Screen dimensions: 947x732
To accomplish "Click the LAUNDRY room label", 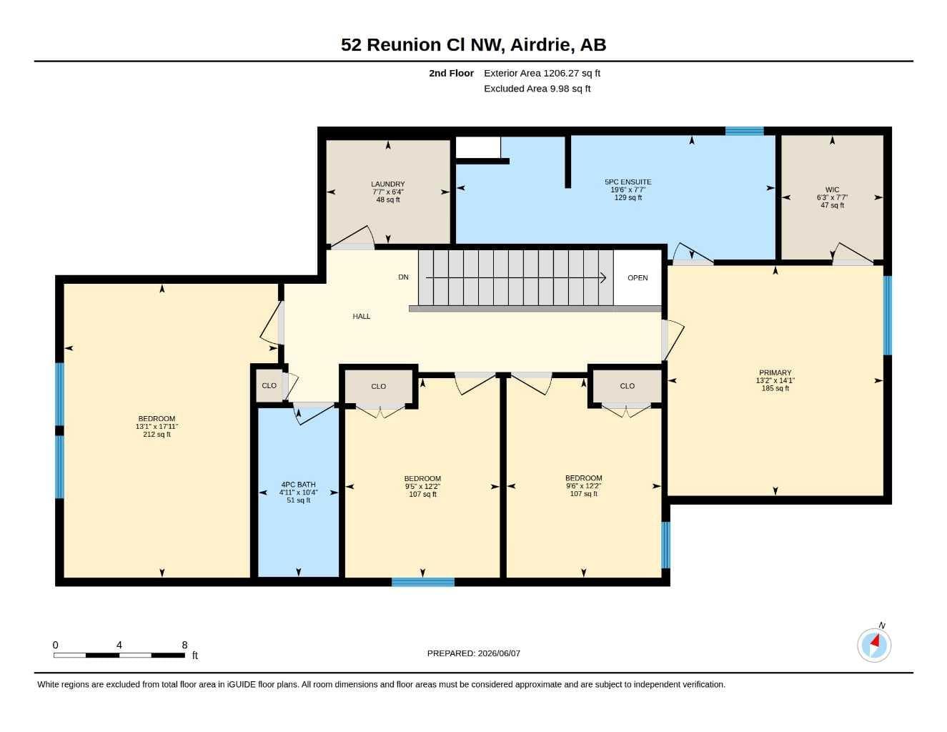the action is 388,184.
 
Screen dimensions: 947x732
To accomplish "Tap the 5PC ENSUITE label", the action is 628,182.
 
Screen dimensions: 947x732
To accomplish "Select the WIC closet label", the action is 832,190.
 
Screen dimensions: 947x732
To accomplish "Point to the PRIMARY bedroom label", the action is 775,373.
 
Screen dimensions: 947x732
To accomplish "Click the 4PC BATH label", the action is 299,485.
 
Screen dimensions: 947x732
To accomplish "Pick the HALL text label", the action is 361,317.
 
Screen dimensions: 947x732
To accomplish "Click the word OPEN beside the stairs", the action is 638,278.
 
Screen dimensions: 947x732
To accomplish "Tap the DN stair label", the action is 403,277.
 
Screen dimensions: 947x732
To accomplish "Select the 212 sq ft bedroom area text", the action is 157,435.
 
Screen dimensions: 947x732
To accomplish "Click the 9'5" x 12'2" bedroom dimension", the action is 422,486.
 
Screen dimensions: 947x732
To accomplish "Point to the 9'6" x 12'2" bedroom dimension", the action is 583,486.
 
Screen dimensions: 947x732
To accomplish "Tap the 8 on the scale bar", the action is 184,645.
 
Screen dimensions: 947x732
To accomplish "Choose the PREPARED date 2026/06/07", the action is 499,653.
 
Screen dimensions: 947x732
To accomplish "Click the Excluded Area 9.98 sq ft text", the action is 537,89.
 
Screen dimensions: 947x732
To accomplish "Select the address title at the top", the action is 473,45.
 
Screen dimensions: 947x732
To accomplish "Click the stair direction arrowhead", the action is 603,277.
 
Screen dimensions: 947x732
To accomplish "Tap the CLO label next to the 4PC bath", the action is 269,385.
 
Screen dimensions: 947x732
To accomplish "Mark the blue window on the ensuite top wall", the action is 744,131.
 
